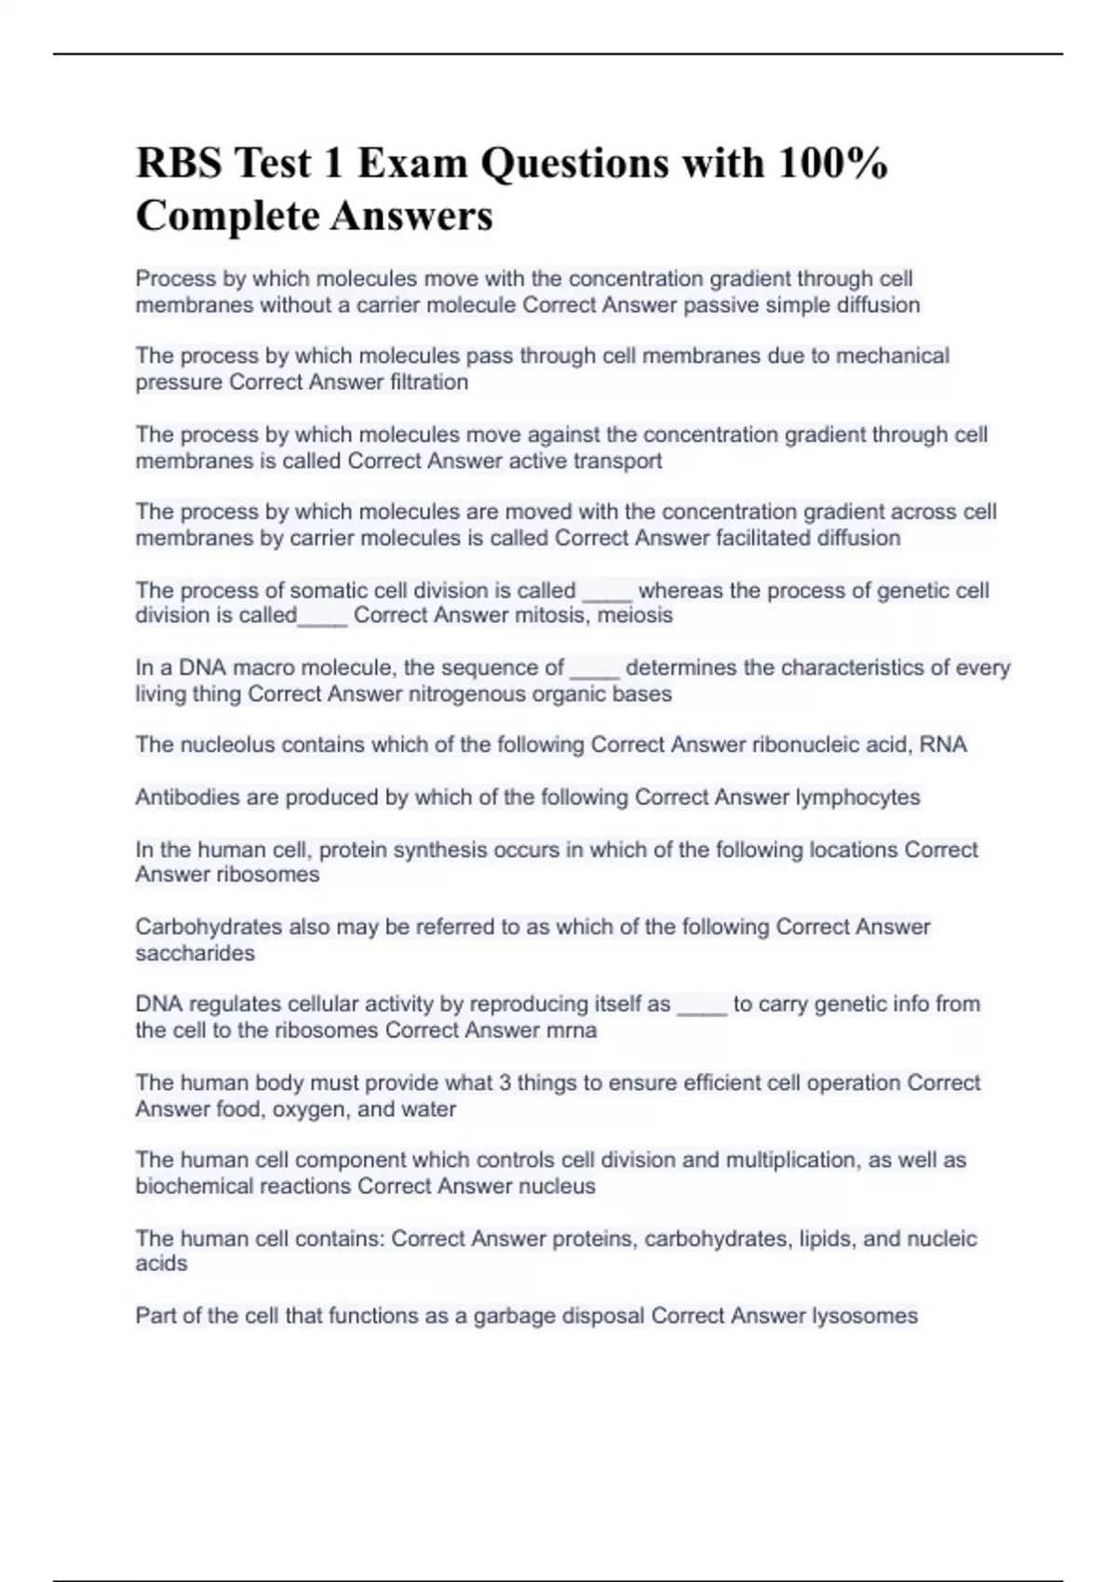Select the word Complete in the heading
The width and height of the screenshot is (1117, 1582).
pyautogui.click(x=225, y=217)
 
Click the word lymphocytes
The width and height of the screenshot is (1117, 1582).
pyautogui.click(x=857, y=798)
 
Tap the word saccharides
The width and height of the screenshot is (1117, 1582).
pyautogui.click(x=195, y=954)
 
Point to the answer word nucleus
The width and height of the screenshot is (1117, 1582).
pyautogui.click(x=557, y=1186)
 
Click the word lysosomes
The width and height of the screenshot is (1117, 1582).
pyautogui.click(x=865, y=1316)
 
